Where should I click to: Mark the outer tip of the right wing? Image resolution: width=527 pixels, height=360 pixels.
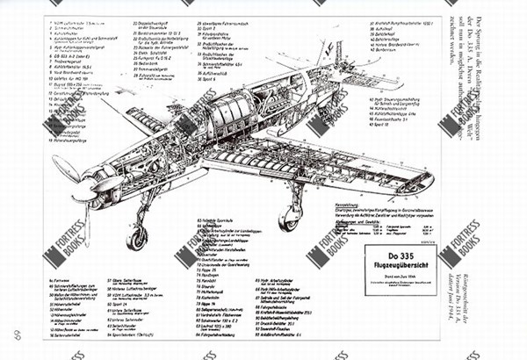[428, 183]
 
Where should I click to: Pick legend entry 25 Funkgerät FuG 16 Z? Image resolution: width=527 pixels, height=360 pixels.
[159, 54]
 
